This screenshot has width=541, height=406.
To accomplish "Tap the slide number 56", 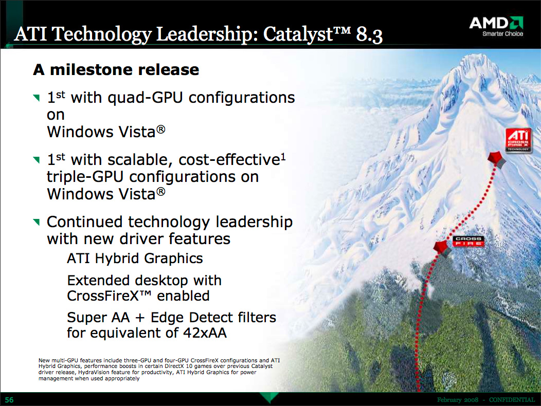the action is (x=9, y=400).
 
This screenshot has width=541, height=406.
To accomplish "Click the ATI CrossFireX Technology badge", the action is (x=518, y=140).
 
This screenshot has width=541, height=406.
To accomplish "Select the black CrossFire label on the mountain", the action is (x=468, y=241).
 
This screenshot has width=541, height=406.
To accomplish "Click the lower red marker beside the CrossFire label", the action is (x=442, y=248).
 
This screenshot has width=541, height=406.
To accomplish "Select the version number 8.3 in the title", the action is (x=369, y=35).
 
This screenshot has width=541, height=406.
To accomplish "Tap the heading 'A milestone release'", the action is (x=116, y=70).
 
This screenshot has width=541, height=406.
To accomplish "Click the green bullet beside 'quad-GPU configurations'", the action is (x=36, y=98).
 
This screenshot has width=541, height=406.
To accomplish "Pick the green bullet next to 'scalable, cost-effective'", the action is (x=36, y=160).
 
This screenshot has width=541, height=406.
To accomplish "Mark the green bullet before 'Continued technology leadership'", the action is (x=36, y=222).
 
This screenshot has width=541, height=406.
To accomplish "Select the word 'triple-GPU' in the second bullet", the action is (x=85, y=177).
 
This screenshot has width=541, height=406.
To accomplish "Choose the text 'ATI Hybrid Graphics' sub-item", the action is (x=135, y=259).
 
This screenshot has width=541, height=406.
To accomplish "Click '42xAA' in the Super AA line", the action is (x=205, y=333).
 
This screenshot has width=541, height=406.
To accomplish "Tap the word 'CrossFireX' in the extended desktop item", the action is (x=103, y=296).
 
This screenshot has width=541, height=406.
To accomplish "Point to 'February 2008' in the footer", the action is (x=458, y=400).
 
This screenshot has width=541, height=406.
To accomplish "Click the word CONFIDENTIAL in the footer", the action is (x=512, y=400).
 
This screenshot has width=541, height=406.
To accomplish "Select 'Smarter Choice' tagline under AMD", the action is (x=503, y=34).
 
